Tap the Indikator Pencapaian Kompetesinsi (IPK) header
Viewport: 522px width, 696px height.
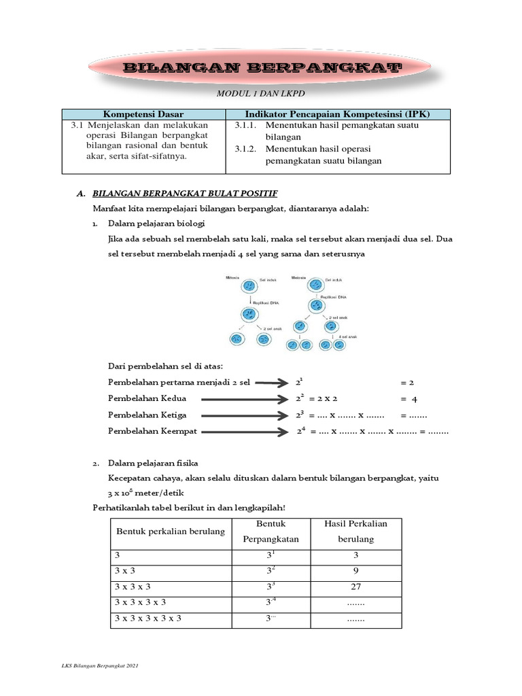(x=337, y=114)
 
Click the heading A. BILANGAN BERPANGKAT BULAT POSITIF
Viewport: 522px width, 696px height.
(x=177, y=194)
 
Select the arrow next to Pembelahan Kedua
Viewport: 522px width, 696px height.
(x=241, y=399)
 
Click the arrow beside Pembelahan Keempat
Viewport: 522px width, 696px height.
(x=241, y=432)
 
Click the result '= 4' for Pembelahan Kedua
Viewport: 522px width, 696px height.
(x=408, y=399)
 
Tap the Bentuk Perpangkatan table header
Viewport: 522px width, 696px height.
(x=270, y=532)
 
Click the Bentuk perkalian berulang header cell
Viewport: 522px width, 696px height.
(x=171, y=531)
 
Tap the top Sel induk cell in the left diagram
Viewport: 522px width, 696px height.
(x=249, y=285)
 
